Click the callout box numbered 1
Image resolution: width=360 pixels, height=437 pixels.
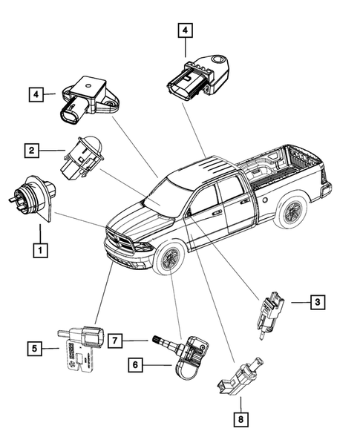tap(38, 251)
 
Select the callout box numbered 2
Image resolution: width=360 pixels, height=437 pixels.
tap(32, 151)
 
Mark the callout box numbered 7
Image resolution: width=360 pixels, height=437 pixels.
tap(117, 340)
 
